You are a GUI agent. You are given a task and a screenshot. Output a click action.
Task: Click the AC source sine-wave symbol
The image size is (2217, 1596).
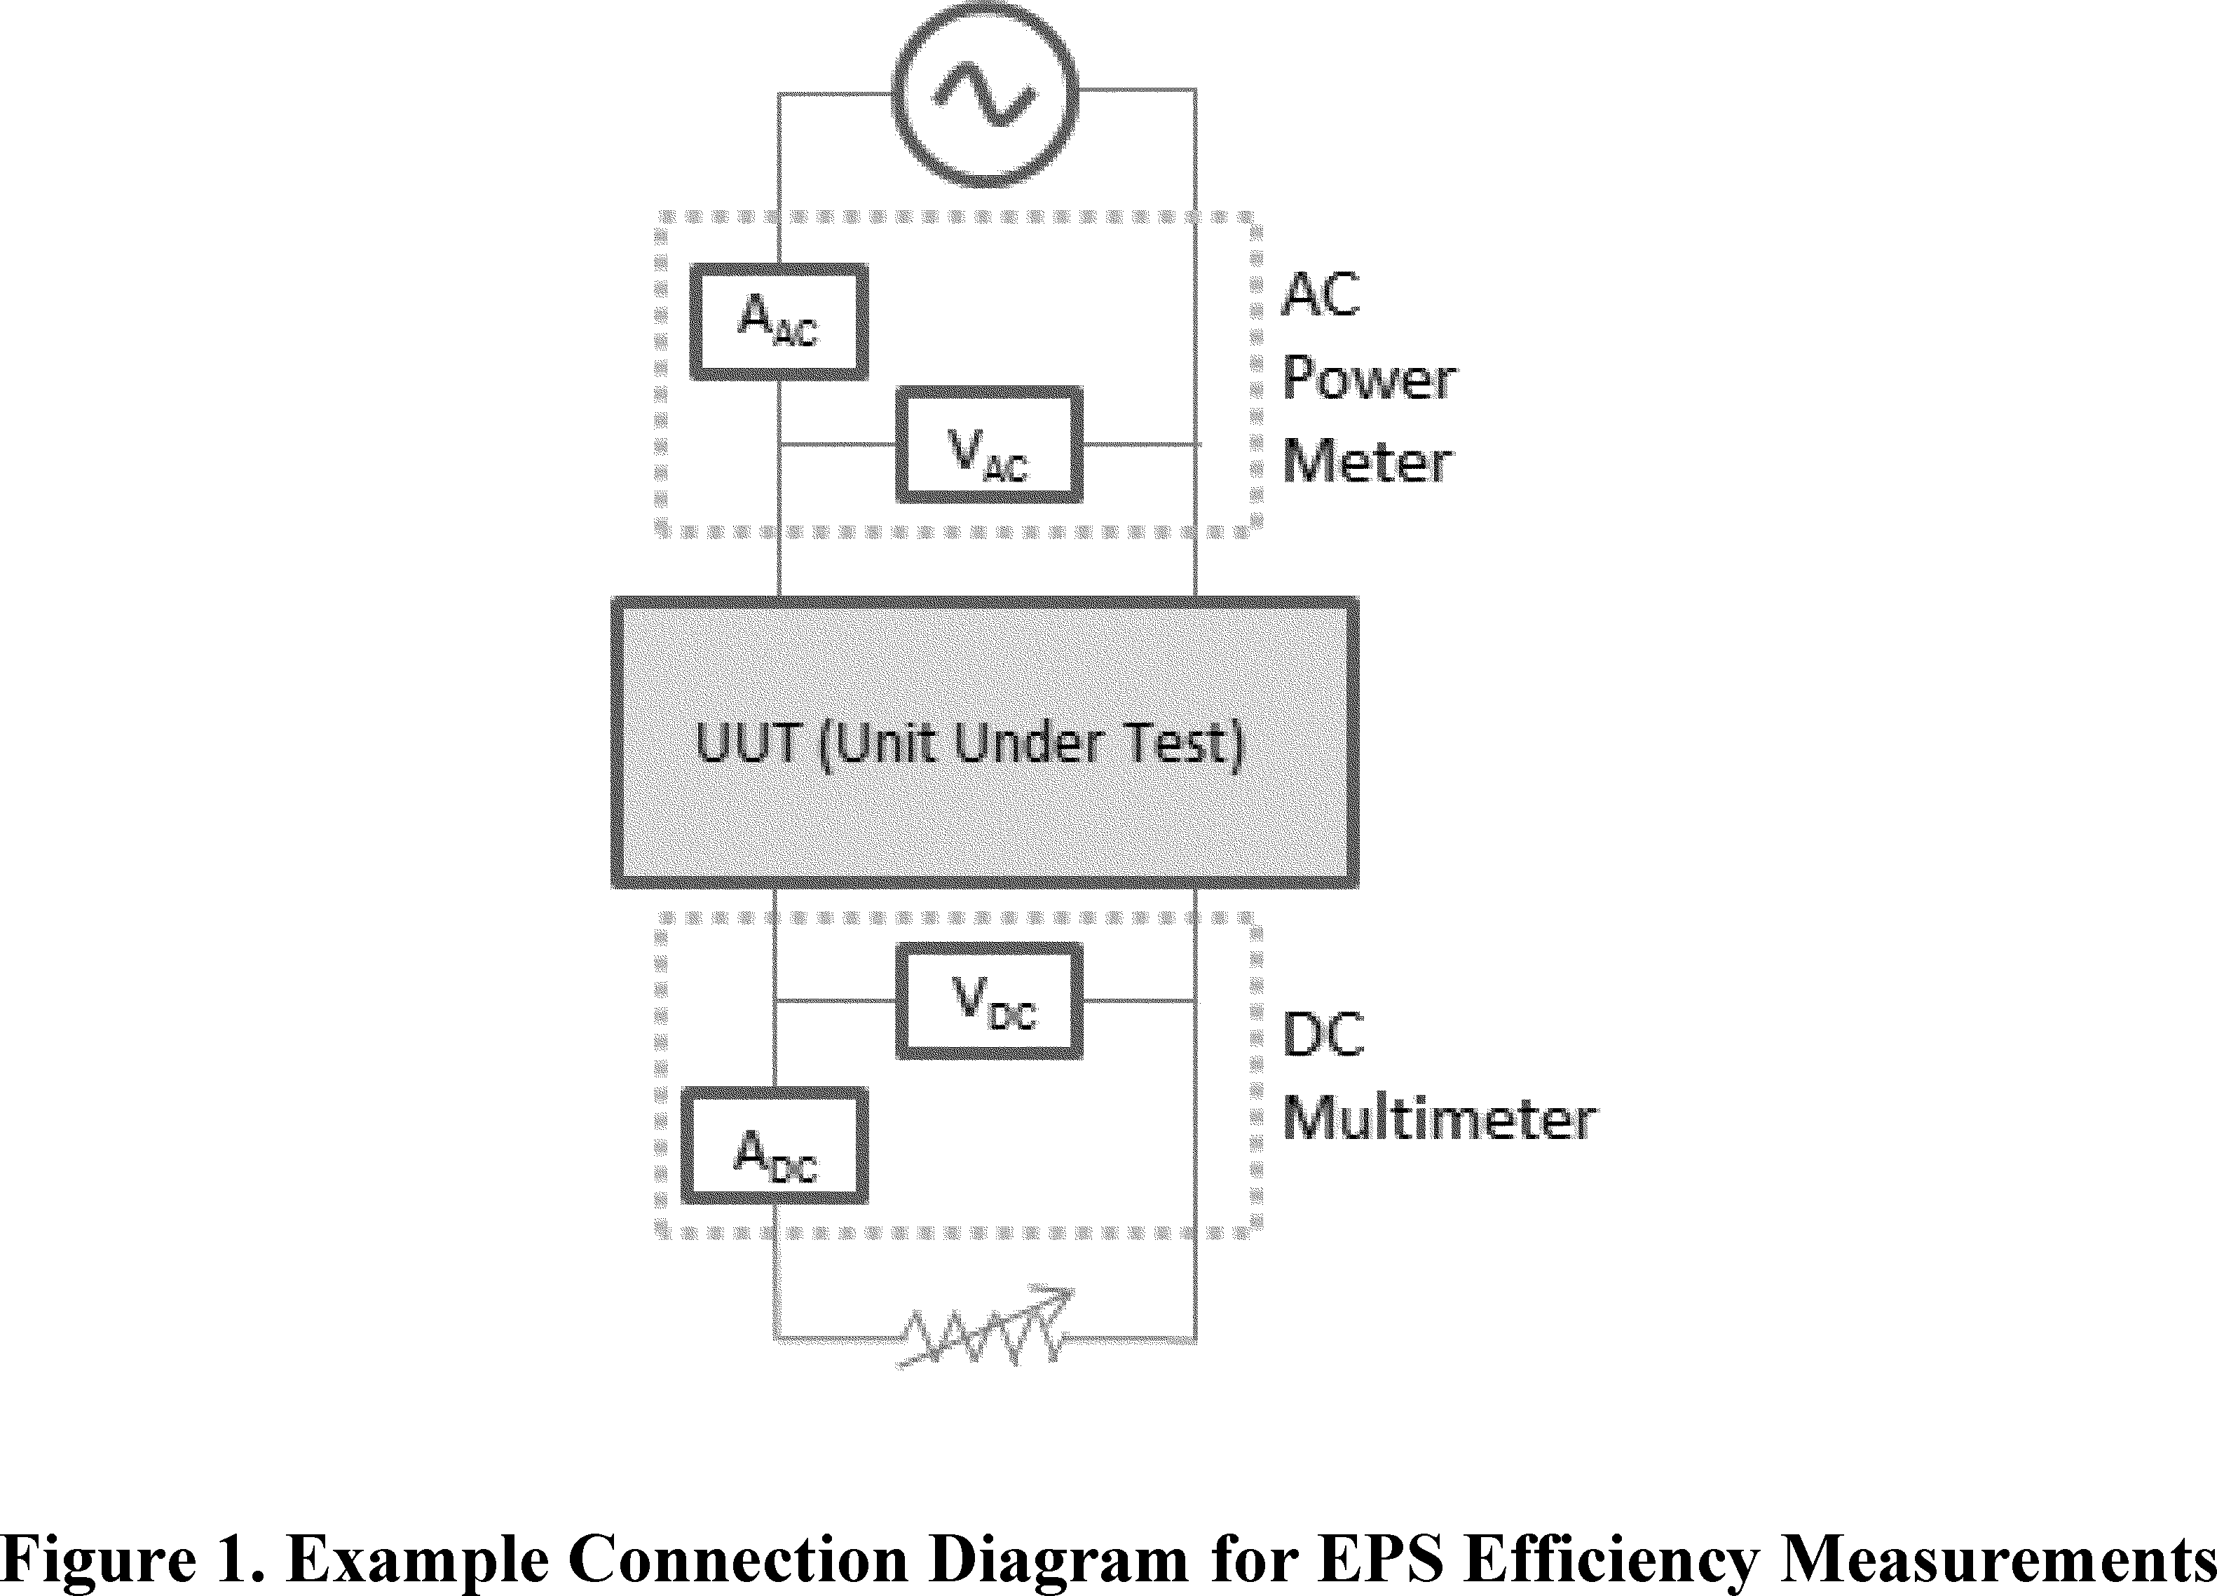[984, 95]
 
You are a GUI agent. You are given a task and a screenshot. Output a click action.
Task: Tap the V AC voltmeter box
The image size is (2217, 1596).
[989, 444]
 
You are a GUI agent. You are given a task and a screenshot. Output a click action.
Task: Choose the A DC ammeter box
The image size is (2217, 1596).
[775, 1145]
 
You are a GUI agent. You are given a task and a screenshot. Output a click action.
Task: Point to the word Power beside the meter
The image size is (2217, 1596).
[1368, 378]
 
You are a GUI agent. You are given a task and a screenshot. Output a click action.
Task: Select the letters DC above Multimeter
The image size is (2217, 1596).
[1323, 1035]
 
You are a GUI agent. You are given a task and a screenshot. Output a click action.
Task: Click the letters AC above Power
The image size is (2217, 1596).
[1321, 294]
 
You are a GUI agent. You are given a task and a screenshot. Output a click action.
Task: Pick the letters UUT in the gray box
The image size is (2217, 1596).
[749, 743]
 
